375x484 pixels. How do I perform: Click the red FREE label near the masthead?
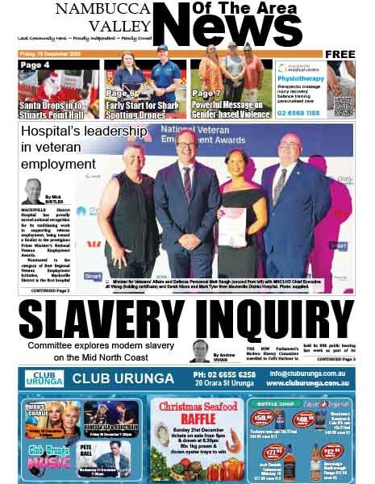pos(340,54)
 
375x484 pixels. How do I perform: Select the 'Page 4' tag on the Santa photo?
pos(35,65)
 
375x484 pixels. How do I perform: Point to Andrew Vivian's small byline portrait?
pos(200,350)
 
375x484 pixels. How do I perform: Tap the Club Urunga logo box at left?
pos(43,378)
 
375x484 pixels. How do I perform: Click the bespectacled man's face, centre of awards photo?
pos(185,149)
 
